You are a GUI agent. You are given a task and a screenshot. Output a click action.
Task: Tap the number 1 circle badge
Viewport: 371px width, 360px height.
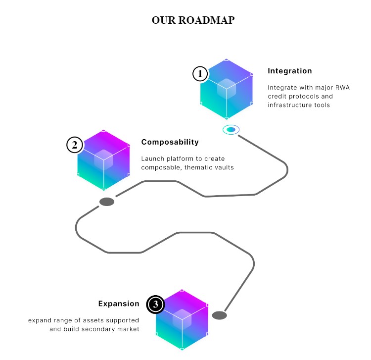(x=200, y=74)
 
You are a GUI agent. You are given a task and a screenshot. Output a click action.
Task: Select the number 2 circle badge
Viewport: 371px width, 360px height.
(x=74, y=145)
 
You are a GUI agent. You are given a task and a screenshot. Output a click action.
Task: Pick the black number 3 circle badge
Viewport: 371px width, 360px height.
(x=155, y=305)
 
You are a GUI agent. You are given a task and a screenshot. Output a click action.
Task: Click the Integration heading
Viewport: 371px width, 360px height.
(x=289, y=71)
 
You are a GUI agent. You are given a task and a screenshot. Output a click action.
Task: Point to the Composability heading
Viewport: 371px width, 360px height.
(x=170, y=142)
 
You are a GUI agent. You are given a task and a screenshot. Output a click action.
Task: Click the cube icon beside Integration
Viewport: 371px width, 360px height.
(x=227, y=90)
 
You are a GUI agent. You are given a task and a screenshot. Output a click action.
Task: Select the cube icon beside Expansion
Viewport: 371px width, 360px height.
(x=182, y=320)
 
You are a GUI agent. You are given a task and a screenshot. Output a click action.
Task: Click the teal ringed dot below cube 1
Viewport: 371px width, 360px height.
(x=231, y=130)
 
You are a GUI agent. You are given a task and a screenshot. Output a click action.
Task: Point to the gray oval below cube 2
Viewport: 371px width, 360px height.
(x=107, y=202)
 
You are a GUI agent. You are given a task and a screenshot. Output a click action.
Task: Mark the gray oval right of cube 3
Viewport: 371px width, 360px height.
(x=219, y=315)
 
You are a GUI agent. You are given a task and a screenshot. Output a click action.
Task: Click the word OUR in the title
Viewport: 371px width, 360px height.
(x=164, y=20)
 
